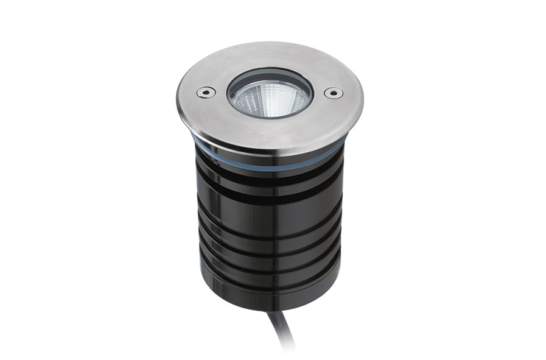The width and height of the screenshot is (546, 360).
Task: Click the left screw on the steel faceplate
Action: tap(205, 92)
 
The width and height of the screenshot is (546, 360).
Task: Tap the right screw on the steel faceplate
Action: tap(332, 93)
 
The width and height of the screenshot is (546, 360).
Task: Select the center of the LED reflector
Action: tap(270, 97)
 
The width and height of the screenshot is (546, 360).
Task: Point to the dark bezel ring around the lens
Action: tap(270, 75)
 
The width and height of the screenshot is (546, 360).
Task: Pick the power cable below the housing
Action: tap(281, 330)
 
